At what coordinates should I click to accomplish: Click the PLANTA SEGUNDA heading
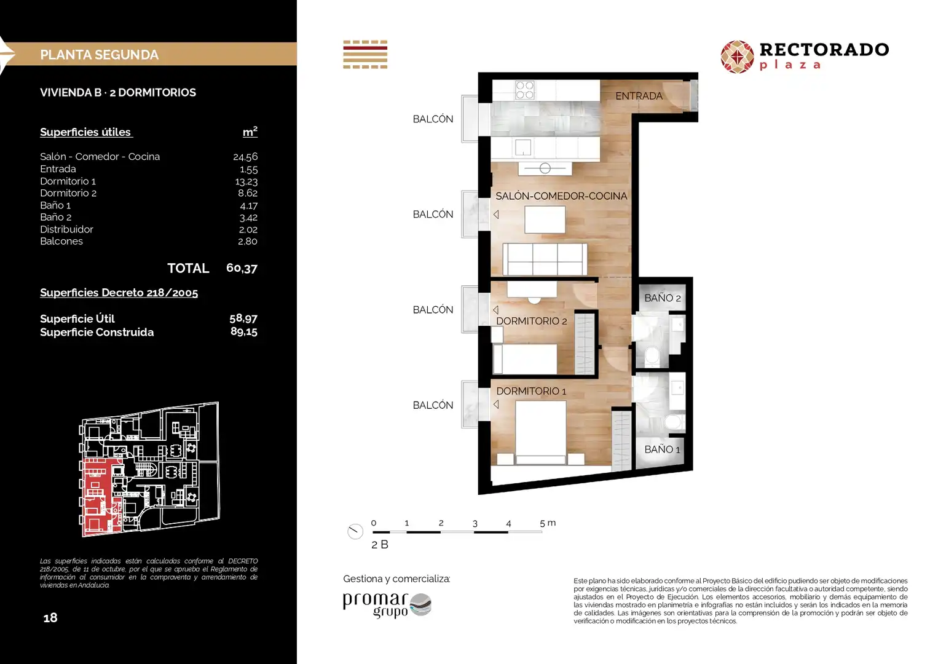click(x=99, y=55)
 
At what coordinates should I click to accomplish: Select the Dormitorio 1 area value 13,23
click(x=246, y=181)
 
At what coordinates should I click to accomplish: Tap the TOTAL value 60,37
click(x=242, y=268)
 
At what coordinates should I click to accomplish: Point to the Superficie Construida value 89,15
click(x=243, y=332)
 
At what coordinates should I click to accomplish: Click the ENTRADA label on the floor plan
click(x=639, y=96)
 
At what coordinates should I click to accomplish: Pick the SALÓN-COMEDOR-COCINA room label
click(x=561, y=196)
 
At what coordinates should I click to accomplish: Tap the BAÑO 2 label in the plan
click(x=663, y=298)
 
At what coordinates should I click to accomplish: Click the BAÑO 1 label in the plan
click(x=662, y=449)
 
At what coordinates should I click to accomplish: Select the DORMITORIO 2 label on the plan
click(x=532, y=321)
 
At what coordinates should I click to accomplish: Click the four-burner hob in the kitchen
click(x=525, y=90)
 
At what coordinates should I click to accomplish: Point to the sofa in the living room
click(x=545, y=259)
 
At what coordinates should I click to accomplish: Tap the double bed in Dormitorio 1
click(x=540, y=433)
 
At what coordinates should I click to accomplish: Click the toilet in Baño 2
click(x=652, y=355)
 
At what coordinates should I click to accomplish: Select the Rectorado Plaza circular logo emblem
click(x=737, y=57)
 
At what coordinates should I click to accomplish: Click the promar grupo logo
click(x=387, y=605)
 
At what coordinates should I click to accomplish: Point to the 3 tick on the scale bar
click(x=475, y=524)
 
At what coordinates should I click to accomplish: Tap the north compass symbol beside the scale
click(x=355, y=531)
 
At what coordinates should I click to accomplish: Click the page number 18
click(x=50, y=617)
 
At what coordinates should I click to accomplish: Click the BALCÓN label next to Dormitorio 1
click(x=433, y=405)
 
